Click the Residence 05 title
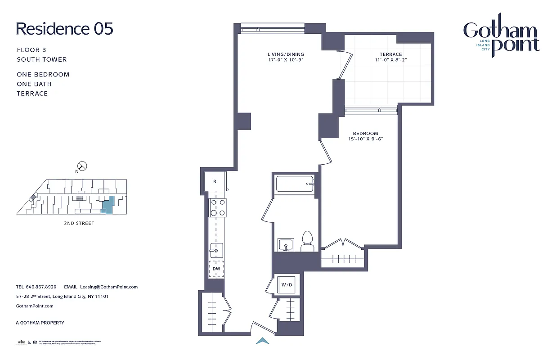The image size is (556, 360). tap(64, 29)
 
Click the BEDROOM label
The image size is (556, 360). tap(365, 133)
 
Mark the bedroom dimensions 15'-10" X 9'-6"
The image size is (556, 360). tap(365, 139)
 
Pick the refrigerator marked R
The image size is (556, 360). tap(215, 181)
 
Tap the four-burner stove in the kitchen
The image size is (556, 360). tap(217, 207)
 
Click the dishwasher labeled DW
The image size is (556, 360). tap(216, 269)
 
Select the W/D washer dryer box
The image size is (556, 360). tap(287, 285)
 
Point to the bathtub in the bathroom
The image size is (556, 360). tap(294, 184)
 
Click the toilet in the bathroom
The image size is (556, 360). tap(307, 242)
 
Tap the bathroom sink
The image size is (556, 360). tap(285, 246)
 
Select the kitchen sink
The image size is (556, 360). tap(216, 250)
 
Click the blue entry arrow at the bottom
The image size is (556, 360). tap(263, 341)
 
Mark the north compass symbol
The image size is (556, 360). tap(83, 166)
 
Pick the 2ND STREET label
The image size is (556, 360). tap(79, 223)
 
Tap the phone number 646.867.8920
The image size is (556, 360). tap(41, 287)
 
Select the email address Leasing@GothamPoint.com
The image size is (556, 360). tap(108, 287)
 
